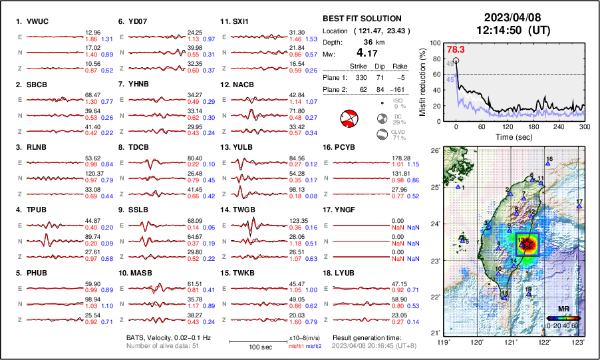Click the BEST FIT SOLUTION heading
click(362, 19)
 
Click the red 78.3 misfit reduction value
click(456, 49)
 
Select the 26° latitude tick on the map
click(434, 151)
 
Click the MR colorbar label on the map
click(563, 309)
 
